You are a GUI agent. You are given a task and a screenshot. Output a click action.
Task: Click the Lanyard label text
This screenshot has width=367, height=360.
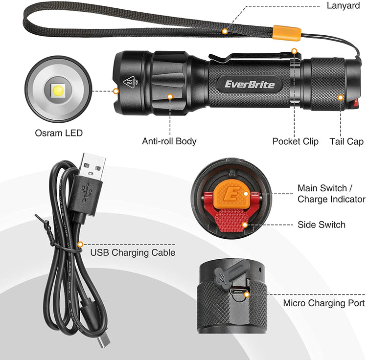[343, 6]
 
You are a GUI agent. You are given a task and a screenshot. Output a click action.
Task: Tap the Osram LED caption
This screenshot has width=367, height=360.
[59, 133]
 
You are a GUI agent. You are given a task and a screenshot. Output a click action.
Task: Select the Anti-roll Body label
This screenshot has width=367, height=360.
[169, 141]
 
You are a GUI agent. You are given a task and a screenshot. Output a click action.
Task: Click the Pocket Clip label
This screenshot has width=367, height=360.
[296, 141]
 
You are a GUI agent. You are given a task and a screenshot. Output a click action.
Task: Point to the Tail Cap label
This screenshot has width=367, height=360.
[346, 141]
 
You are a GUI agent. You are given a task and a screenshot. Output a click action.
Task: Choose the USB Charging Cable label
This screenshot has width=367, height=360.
[133, 252]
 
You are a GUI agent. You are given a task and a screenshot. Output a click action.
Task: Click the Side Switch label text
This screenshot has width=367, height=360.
[321, 225]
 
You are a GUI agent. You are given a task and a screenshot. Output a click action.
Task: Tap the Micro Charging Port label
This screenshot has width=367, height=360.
[324, 303]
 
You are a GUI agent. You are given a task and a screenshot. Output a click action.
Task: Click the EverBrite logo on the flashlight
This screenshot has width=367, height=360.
[250, 84]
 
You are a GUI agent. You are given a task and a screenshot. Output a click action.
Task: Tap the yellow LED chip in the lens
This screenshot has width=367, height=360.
[58, 90]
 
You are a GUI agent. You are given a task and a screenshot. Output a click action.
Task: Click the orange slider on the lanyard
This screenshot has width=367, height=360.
[287, 32]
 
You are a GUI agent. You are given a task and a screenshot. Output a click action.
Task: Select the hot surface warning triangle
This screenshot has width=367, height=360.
[129, 82]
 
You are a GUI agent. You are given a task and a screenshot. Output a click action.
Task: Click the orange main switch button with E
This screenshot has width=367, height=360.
[231, 195]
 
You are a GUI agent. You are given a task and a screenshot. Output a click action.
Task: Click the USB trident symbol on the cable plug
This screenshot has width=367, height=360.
[86, 192]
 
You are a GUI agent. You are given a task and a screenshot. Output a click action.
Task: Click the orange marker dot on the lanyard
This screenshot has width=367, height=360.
[225, 31]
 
